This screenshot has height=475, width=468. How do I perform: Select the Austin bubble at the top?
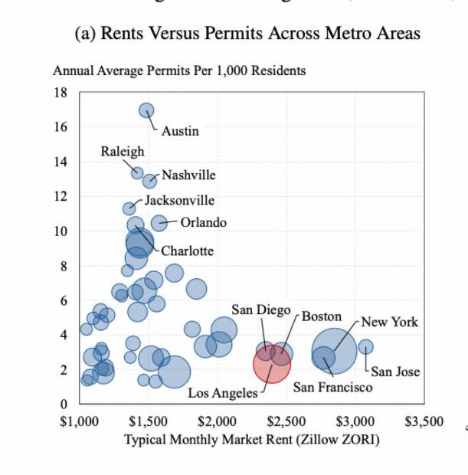(x=146, y=110)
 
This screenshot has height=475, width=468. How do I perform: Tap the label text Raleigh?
(x=123, y=152)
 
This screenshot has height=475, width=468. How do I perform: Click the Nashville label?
(x=188, y=175)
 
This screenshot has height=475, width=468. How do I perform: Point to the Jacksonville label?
(x=180, y=201)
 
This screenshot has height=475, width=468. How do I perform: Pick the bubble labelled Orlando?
(x=159, y=223)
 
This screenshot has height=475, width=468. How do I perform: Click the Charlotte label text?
(x=187, y=251)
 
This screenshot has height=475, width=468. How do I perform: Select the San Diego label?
(x=261, y=310)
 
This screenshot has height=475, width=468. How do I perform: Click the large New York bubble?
(x=335, y=352)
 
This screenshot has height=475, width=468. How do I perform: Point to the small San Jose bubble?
(x=366, y=346)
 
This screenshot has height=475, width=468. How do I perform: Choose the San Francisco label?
(x=332, y=387)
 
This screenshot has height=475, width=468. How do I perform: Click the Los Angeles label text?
(x=224, y=393)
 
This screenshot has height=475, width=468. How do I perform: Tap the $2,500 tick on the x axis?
(x=286, y=421)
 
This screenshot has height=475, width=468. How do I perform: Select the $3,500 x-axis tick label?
(x=424, y=421)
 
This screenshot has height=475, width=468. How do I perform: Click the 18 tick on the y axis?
(x=61, y=93)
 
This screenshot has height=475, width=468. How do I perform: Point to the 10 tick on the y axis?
(x=61, y=231)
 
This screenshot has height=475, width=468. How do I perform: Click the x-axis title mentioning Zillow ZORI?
(x=251, y=440)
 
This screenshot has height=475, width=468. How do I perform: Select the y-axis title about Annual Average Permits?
(x=179, y=70)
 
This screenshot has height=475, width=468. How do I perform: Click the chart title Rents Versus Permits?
(x=247, y=34)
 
